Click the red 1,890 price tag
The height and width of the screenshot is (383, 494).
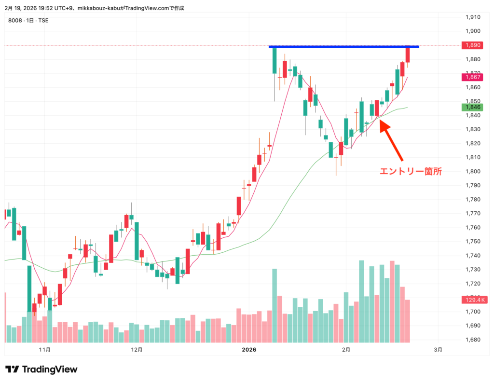coord(472,45)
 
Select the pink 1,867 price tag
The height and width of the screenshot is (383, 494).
coord(472,77)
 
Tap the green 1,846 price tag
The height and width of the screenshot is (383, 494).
coord(472,107)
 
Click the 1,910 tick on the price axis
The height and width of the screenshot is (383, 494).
coord(472,17)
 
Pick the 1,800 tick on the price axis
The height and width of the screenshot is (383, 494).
coord(472,172)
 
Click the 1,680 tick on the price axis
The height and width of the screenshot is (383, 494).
coord(472,340)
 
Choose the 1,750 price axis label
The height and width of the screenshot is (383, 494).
coord(472,242)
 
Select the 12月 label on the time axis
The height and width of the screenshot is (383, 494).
coord(137,349)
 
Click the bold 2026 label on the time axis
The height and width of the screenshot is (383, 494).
coord(249,349)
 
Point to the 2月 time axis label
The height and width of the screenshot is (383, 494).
coord(345,349)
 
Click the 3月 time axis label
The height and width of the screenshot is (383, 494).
coord(438,349)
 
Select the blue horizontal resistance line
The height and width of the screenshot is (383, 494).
coord(343,47)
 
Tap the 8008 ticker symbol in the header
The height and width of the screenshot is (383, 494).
coord(15,20)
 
